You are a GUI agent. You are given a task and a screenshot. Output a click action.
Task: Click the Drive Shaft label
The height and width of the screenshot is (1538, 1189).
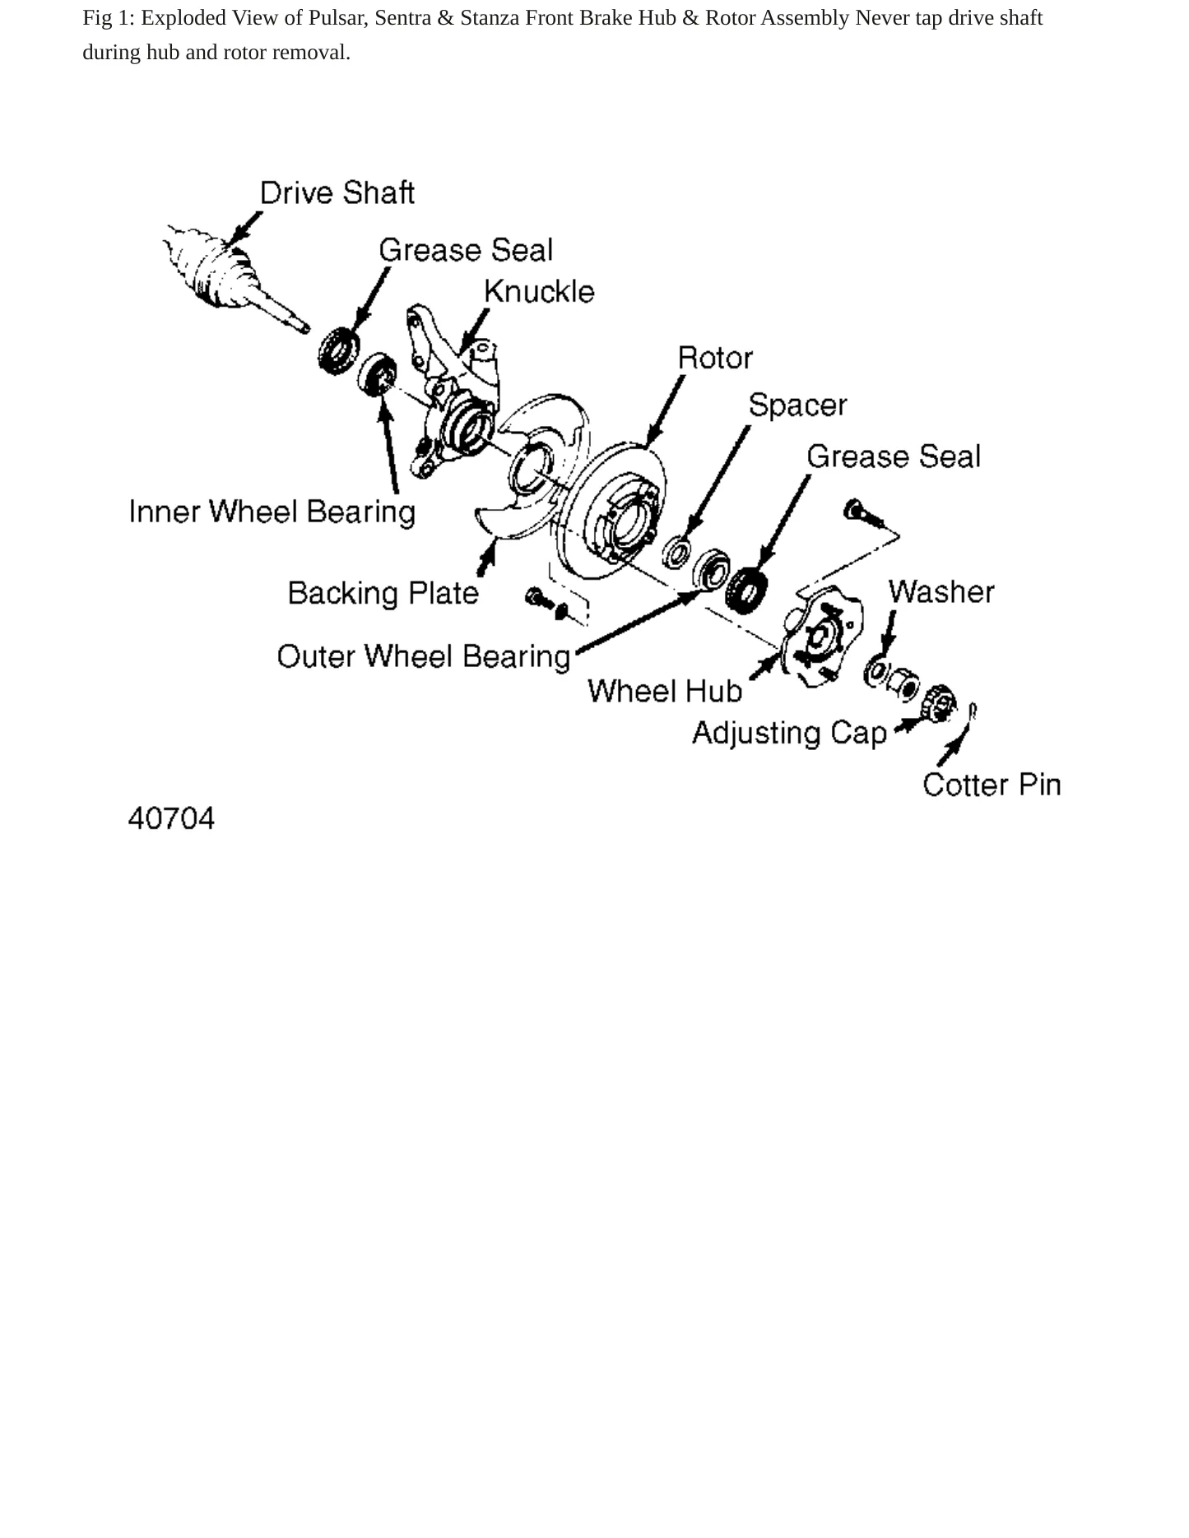(x=337, y=193)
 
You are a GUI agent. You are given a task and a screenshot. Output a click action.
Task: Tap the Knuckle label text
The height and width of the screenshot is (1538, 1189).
(x=539, y=292)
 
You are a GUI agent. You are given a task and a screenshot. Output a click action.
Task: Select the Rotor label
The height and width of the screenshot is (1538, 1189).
(x=715, y=358)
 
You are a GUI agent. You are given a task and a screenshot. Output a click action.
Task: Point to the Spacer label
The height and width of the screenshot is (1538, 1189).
(x=797, y=405)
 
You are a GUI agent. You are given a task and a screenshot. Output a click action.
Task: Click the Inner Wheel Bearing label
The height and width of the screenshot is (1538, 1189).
(x=272, y=512)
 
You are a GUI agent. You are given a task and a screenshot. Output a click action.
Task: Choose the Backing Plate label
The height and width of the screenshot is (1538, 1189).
(x=383, y=593)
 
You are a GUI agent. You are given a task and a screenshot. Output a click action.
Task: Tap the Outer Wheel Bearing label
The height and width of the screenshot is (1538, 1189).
(x=424, y=656)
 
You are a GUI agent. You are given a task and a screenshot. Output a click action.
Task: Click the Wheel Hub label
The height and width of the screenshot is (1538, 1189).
(x=665, y=691)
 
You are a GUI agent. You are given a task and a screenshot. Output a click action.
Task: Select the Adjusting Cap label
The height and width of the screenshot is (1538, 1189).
(x=790, y=733)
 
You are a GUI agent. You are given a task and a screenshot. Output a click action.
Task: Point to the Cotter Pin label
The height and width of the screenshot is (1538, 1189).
(x=992, y=785)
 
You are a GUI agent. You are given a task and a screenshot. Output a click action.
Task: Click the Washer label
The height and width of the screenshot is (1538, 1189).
(x=941, y=592)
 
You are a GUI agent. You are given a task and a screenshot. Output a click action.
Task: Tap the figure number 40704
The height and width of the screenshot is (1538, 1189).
(x=171, y=818)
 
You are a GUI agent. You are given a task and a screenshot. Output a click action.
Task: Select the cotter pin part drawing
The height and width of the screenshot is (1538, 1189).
(x=973, y=712)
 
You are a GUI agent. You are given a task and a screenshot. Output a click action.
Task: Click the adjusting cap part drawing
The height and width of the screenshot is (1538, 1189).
(x=939, y=702)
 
